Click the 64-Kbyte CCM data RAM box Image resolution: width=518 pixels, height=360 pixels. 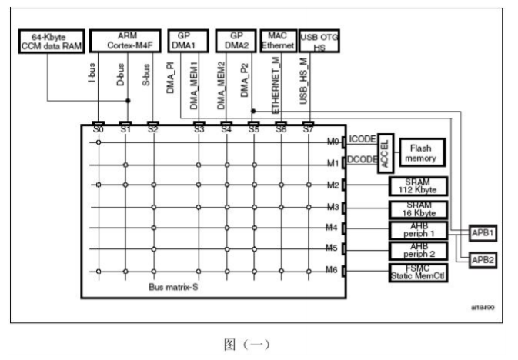(x=52, y=42)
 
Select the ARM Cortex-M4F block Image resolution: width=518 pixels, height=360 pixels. (x=125, y=41)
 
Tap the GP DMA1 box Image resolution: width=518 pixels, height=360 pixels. (x=188, y=41)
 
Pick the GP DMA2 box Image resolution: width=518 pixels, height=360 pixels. (x=236, y=41)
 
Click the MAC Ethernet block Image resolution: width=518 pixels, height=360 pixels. (x=278, y=41)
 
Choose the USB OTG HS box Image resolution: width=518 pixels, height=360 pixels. (x=319, y=41)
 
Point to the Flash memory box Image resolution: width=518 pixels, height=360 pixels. (x=423, y=152)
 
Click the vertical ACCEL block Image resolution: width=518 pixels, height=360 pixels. (x=386, y=154)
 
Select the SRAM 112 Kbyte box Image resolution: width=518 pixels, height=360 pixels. (x=418, y=186)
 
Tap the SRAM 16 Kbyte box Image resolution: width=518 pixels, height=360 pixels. (x=419, y=209)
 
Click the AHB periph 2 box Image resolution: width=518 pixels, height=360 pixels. (x=419, y=251)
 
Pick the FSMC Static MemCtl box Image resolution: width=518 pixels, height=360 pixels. (x=418, y=272)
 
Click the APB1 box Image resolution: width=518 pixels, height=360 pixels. (x=483, y=233)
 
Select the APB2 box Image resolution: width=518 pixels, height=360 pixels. (x=483, y=260)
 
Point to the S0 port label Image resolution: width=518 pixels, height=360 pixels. (x=98, y=129)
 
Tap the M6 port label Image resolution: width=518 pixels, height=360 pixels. (x=331, y=270)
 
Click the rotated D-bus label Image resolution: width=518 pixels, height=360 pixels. (x=121, y=75)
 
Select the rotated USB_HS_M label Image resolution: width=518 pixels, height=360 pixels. (x=303, y=82)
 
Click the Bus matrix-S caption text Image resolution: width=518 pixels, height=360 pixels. (x=173, y=287)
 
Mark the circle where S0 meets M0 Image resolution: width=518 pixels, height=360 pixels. (x=98, y=142)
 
